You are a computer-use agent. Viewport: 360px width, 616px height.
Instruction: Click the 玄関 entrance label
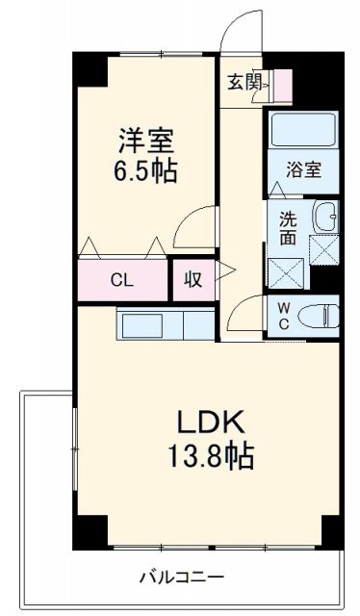(244, 83)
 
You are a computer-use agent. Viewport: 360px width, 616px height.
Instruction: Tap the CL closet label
(120, 281)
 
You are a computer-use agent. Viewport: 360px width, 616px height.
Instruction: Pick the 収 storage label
(193, 281)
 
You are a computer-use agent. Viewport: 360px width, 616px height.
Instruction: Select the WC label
(285, 316)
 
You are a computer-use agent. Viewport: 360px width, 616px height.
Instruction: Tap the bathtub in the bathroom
(301, 132)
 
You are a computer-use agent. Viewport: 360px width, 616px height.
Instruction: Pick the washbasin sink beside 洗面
(325, 218)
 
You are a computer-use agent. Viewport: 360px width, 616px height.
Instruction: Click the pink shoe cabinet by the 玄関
(282, 87)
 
